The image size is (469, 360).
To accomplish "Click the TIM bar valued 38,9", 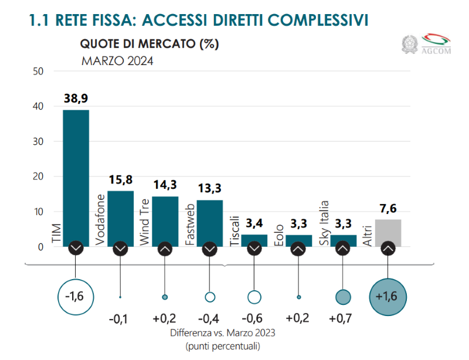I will point(76,176).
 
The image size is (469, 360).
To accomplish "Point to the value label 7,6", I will point(388,208).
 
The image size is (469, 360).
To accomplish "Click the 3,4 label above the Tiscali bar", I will point(254,223).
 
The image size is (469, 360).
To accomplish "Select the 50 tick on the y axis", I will point(39,72).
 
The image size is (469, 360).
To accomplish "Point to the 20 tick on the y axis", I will point(39,176).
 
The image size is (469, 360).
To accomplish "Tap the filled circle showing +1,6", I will point(388,296).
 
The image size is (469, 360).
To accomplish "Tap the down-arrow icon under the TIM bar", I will point(76,249).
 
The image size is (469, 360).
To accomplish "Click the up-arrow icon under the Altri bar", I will point(388,249).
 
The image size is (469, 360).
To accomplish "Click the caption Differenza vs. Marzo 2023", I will point(223,333).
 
